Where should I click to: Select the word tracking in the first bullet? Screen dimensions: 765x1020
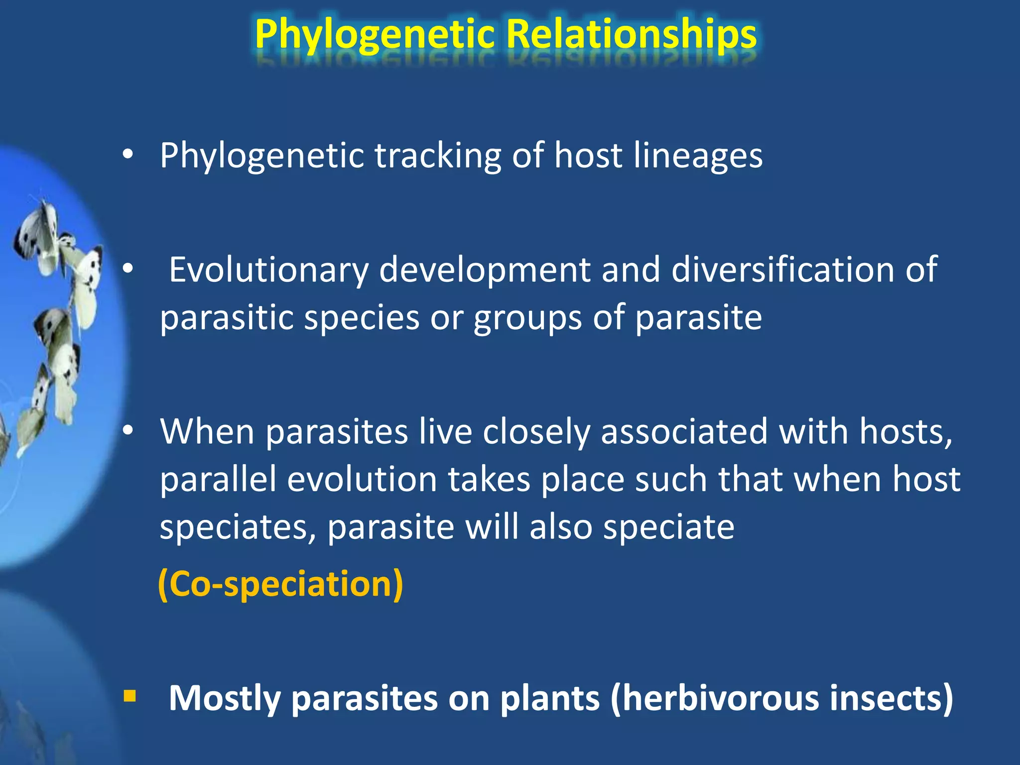(437, 156)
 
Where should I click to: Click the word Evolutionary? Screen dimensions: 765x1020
(268, 270)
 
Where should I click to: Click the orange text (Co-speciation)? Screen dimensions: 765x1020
(280, 584)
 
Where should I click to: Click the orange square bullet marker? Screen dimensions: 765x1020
(129, 695)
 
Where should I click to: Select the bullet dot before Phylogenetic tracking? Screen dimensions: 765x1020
(128, 155)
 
